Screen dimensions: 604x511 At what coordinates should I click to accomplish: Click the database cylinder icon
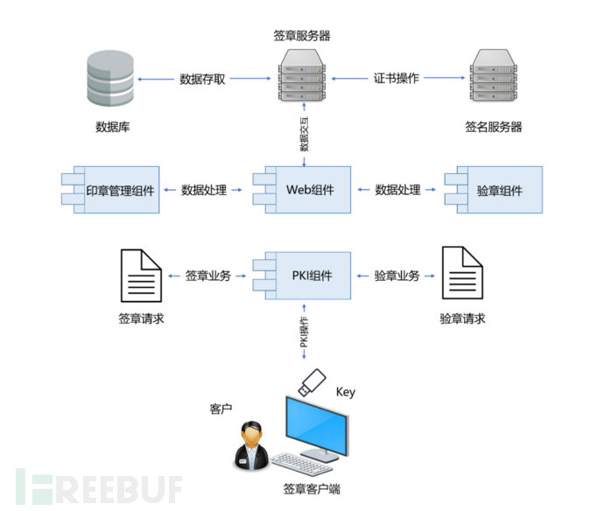tap(110, 78)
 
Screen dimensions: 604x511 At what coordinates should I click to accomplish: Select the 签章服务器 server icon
tap(302, 75)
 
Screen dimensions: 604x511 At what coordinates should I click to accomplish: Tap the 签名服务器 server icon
tap(494, 75)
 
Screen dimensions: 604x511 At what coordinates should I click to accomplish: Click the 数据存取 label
tap(202, 79)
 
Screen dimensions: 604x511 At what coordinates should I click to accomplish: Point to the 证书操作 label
tap(396, 78)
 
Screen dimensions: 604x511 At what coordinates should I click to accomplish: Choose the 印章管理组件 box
tap(110, 190)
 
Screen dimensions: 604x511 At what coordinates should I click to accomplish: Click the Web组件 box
tap(302, 190)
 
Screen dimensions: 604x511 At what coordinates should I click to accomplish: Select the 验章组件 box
tap(494, 190)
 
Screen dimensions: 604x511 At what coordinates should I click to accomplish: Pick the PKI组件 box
tap(302, 276)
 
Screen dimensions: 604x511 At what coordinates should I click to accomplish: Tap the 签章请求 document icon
tap(141, 276)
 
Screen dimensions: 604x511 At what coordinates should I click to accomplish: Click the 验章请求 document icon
tap(462, 273)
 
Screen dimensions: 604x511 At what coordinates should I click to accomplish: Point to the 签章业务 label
tap(208, 276)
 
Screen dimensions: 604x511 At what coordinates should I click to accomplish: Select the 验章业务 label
tap(397, 276)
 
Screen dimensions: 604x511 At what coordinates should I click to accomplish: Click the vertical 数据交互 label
tap(305, 134)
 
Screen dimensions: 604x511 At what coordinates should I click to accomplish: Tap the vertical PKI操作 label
tap(305, 332)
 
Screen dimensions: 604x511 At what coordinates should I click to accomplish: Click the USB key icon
tap(312, 382)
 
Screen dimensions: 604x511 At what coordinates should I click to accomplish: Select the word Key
tap(346, 392)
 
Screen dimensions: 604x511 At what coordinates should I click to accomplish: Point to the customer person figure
tap(252, 445)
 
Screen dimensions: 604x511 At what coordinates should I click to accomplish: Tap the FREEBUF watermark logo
tap(99, 486)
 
